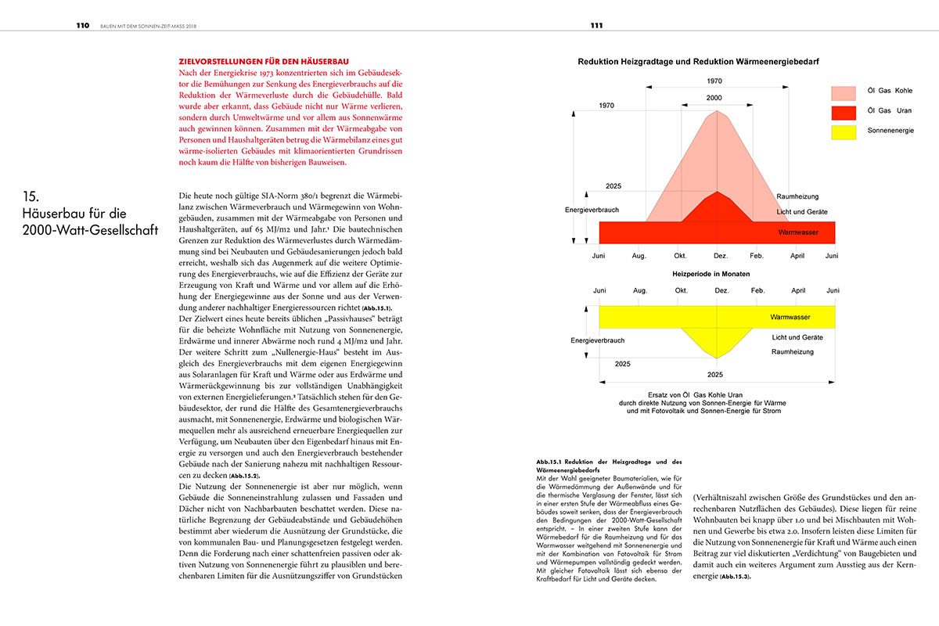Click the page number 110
click(83, 25)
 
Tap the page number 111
click(596, 25)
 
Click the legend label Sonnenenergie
click(890, 131)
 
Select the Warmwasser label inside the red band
click(799, 233)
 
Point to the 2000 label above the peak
click(714, 98)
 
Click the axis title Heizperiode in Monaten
click(711, 274)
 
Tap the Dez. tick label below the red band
click(721, 256)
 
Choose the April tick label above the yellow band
click(797, 291)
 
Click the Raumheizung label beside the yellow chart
click(793, 352)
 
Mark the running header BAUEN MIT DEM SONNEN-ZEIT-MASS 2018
click(149, 25)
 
